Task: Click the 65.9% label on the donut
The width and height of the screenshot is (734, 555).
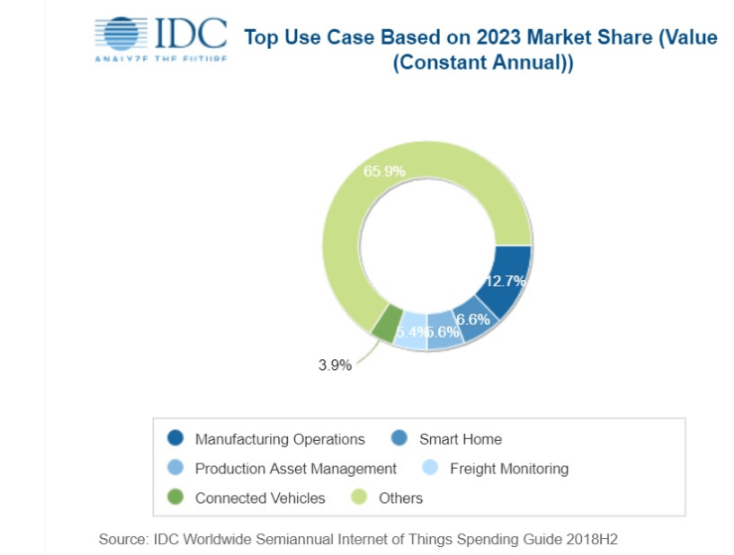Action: pyautogui.click(x=384, y=171)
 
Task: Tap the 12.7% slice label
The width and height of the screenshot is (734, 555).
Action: pyautogui.click(x=506, y=280)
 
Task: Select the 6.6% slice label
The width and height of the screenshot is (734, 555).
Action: pyautogui.click(x=473, y=319)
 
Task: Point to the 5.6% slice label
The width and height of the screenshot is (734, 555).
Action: pyautogui.click(x=443, y=333)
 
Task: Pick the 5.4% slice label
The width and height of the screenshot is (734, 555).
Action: pyautogui.click(x=412, y=333)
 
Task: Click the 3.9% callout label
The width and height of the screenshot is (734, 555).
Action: pyautogui.click(x=335, y=364)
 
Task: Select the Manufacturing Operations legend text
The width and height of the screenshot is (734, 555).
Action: pyautogui.click(x=279, y=439)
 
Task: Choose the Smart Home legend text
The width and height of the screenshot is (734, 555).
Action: pyautogui.click(x=460, y=439)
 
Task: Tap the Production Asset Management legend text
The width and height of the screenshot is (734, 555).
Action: pyautogui.click(x=295, y=469)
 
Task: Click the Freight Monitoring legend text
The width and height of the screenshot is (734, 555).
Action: pyautogui.click(x=509, y=469)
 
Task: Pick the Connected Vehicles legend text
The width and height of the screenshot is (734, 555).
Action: pyautogui.click(x=259, y=497)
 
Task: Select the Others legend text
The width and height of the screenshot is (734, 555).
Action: pyautogui.click(x=400, y=497)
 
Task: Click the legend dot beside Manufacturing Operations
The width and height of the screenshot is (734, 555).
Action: pyautogui.click(x=176, y=438)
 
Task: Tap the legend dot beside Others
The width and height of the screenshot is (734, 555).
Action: pyautogui.click(x=360, y=497)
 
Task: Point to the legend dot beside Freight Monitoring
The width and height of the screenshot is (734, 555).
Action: pyautogui.click(x=430, y=468)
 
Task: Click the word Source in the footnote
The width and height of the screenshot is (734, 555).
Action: pyautogui.click(x=123, y=538)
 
